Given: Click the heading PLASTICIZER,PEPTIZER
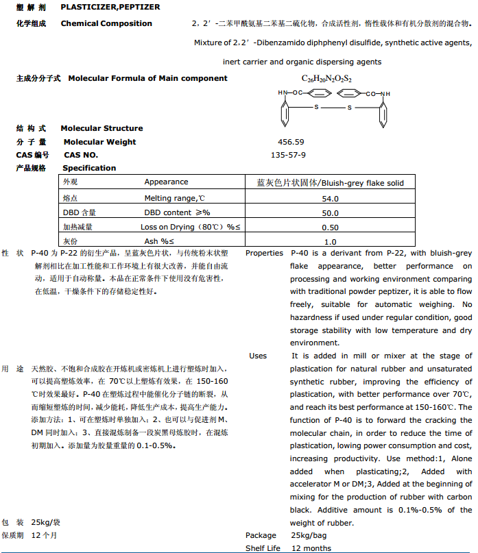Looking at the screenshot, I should click(110, 6).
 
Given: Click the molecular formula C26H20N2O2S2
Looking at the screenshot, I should click(326, 79).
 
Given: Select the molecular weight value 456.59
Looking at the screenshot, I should click(291, 142).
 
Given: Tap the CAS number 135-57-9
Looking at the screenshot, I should click(288, 155).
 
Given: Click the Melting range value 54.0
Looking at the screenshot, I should click(331, 198).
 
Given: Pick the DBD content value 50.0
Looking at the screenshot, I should click(331, 212).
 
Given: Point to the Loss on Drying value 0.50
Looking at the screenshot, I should click(331, 227).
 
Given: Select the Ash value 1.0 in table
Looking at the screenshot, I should click(331, 241).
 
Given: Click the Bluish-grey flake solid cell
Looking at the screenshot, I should click(331, 183).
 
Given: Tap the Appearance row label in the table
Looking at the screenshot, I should click(166, 182).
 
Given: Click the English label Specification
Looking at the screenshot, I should click(89, 168).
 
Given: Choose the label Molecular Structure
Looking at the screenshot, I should click(101, 128).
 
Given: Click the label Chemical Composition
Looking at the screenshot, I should click(106, 23).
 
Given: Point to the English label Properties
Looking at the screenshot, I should click(264, 253).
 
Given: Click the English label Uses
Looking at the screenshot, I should click(258, 356).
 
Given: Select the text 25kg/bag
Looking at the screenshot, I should click(309, 535).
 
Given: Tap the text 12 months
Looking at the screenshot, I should click(311, 548).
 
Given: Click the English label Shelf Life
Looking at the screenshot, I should click(263, 548).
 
